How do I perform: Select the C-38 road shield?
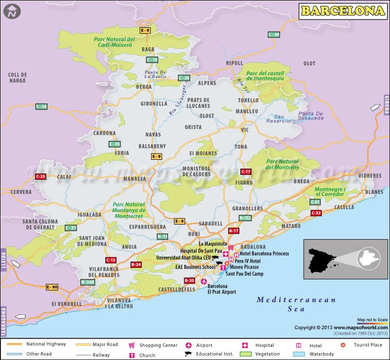click(274, 35)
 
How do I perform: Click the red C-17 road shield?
click(246, 171)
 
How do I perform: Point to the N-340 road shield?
click(87, 282)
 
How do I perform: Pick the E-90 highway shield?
click(52, 287)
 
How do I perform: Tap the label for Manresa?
click(135, 179)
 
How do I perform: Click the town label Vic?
click(244, 130)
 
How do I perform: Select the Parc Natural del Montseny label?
click(282, 164)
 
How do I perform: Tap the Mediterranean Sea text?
click(296, 304)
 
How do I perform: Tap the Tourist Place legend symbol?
click(343, 345)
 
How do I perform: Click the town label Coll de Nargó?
click(17, 78)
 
